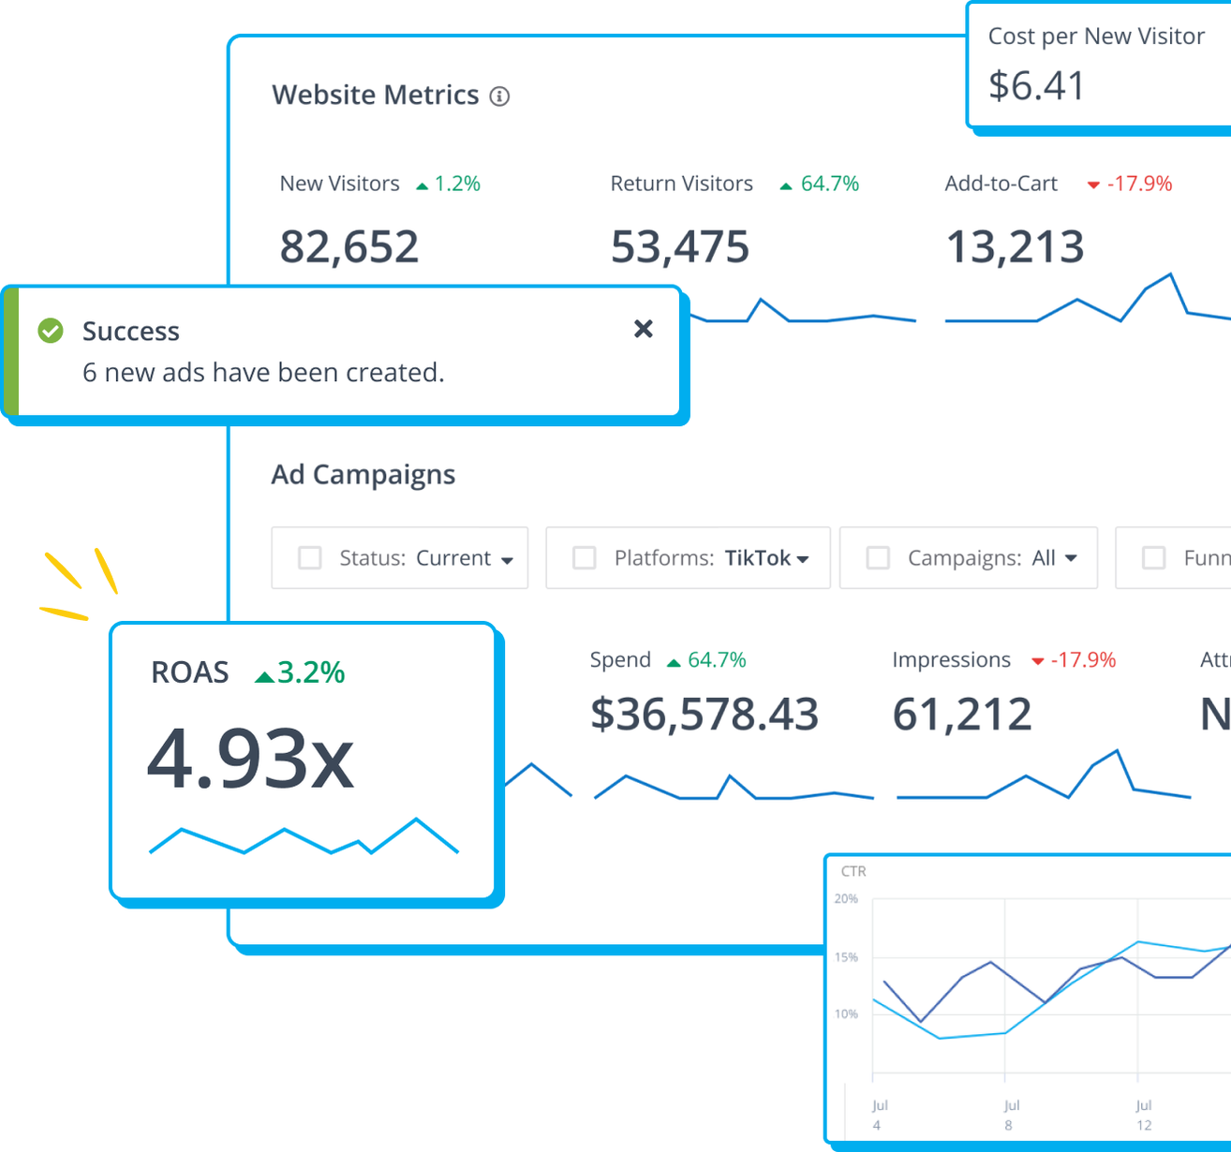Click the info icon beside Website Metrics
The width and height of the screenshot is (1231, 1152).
tap(500, 96)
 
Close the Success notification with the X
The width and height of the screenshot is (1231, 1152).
tap(643, 329)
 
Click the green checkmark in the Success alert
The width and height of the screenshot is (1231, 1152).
tap(51, 331)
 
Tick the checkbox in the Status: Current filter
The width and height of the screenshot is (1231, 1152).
tap(310, 558)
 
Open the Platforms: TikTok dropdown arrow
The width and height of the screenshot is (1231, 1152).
tap(803, 559)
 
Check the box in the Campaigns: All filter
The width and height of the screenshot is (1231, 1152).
tap(878, 558)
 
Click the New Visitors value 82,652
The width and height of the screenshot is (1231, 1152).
tap(349, 247)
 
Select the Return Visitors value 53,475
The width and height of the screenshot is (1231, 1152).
tap(680, 247)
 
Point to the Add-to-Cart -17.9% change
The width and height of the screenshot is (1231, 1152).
tap(1138, 184)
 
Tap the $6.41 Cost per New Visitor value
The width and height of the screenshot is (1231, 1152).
tap(1036, 86)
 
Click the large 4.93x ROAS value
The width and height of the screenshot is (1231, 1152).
tap(251, 759)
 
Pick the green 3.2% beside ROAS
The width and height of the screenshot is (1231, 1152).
tap(311, 672)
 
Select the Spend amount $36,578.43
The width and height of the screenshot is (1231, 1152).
tap(704, 715)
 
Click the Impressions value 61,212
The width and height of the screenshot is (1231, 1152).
tap(962, 715)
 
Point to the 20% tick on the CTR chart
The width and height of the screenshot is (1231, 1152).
tap(846, 899)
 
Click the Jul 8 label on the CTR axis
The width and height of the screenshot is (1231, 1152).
tap(1010, 1115)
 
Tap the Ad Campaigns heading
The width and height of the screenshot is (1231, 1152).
tap(363, 475)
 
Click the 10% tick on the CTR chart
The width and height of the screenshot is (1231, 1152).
tap(846, 1014)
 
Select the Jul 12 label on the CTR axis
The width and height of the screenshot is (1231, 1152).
tap(1143, 1115)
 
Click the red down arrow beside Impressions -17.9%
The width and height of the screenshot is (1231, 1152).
tap(1038, 661)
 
